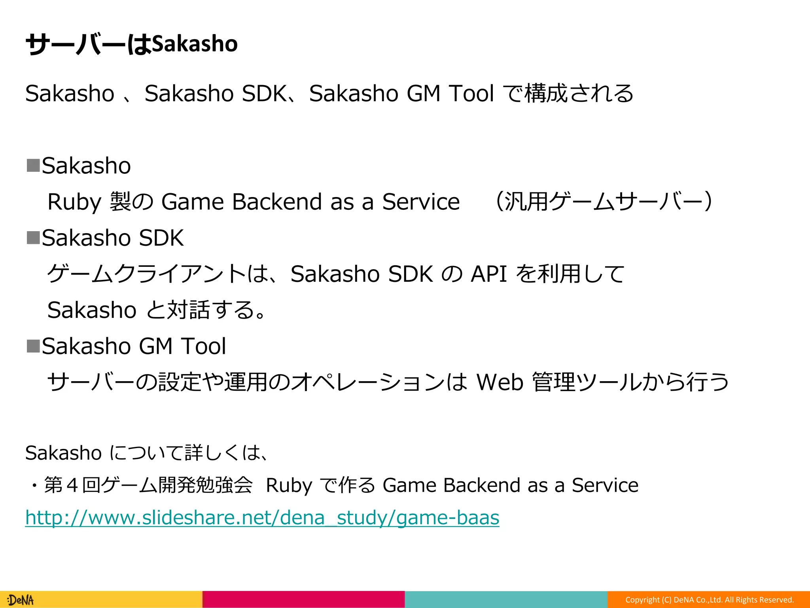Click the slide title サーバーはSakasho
[x=131, y=44]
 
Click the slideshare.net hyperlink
[x=262, y=517]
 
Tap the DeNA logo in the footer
[x=21, y=600]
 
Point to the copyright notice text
[x=710, y=600]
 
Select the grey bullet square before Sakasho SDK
[x=33, y=237]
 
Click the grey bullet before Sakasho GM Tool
[x=33, y=346]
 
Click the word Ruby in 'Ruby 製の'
[x=74, y=202]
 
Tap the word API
[x=489, y=274]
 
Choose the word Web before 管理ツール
[x=500, y=382]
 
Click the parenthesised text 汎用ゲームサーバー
[x=604, y=201]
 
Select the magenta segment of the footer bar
[x=303, y=599]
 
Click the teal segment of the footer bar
[x=506, y=599]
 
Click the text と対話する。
[x=206, y=310]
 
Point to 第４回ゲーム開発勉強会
[x=148, y=485]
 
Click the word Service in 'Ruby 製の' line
[x=421, y=202]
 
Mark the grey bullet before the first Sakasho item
[x=33, y=165]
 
